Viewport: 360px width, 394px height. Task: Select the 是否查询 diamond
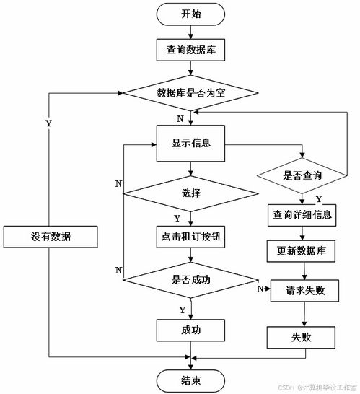tap(303, 173)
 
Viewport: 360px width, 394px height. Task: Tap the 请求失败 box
tap(303, 290)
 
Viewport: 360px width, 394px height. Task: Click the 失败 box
tap(303, 337)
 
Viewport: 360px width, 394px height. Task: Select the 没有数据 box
tap(49, 237)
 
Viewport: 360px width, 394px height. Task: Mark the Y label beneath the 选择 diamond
tap(177, 217)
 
